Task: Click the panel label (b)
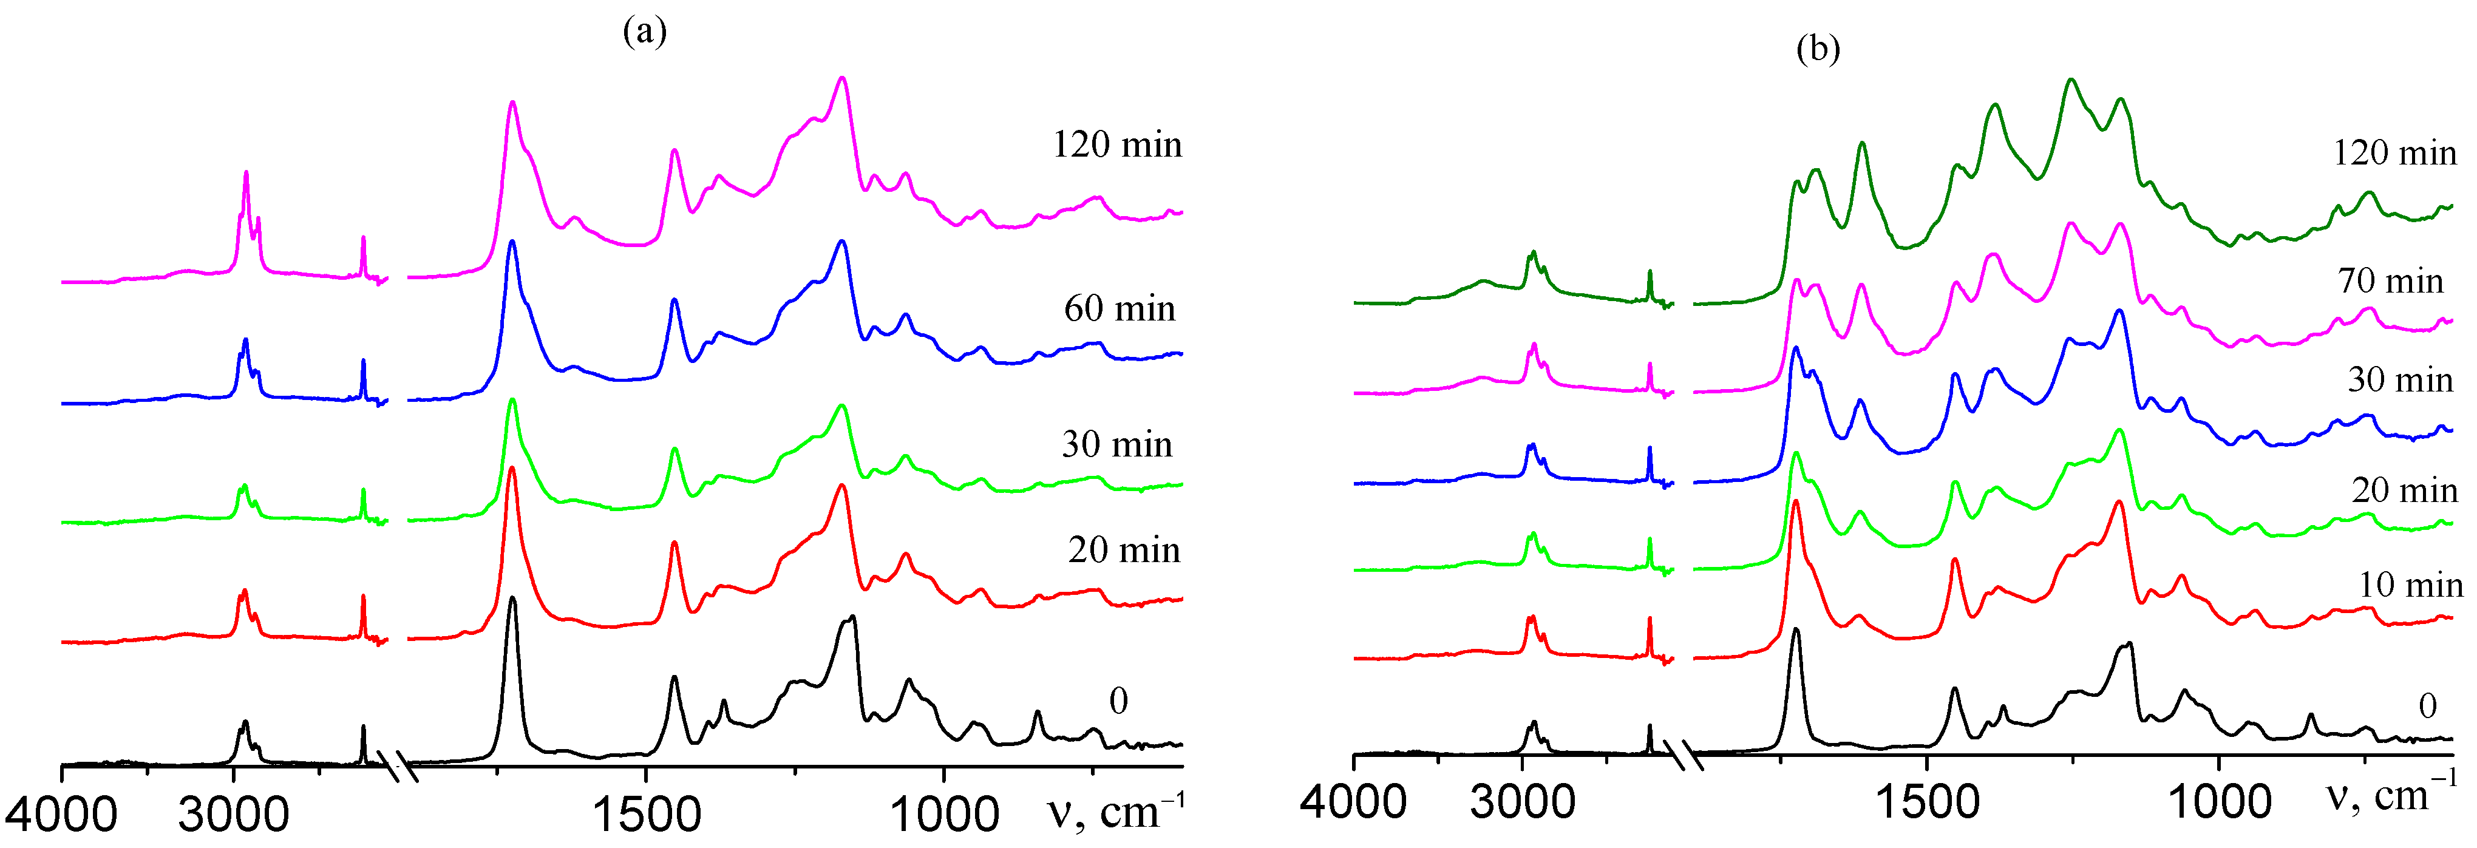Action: [x=1817, y=47]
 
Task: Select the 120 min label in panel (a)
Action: [x=1116, y=144]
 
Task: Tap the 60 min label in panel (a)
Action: [x=1120, y=308]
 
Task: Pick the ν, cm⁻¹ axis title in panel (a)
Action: [x=1115, y=810]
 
